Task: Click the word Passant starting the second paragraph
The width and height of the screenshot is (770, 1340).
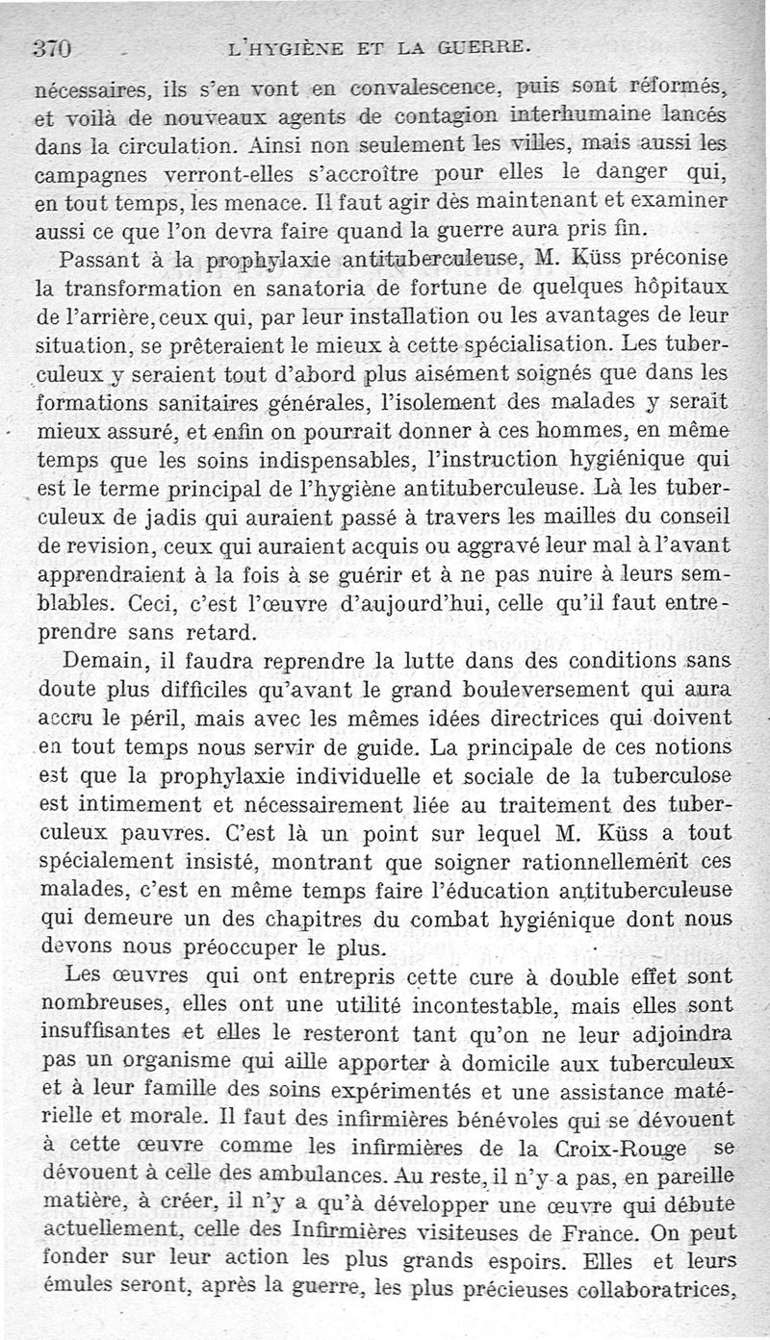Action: [97, 260]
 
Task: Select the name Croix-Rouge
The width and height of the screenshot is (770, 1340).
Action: [620, 1149]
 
